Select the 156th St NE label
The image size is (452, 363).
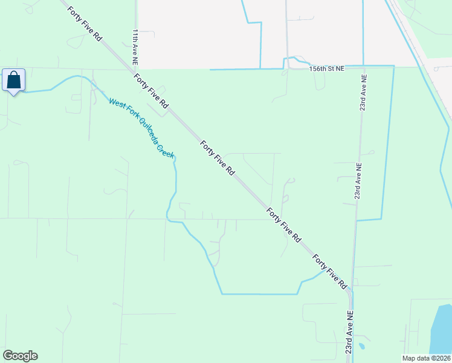tap(327, 69)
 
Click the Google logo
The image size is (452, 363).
tap(21, 356)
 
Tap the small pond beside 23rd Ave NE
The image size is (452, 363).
tap(361, 347)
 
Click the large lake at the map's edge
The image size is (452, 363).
tap(441, 330)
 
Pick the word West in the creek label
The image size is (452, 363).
tap(115, 103)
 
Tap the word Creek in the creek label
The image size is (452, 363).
tap(166, 149)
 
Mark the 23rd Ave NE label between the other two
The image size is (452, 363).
tap(358, 181)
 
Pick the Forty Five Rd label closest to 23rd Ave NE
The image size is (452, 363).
tap(330, 271)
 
